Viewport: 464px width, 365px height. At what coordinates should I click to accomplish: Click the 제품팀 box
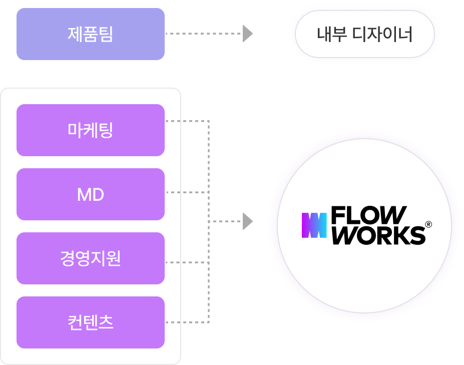[91, 34]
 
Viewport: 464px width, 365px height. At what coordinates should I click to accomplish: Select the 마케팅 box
[91, 130]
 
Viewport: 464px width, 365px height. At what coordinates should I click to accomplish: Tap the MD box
[91, 194]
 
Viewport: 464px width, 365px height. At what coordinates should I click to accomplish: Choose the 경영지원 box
[91, 258]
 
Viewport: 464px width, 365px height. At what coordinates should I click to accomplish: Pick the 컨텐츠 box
[91, 322]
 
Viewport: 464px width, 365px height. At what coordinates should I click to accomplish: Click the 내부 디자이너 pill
[364, 35]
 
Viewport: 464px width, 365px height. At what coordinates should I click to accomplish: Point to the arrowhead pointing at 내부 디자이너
[247, 34]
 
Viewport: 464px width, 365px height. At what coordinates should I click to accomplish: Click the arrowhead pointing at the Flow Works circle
[247, 221]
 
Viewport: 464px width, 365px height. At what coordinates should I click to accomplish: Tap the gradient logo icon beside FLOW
[314, 225]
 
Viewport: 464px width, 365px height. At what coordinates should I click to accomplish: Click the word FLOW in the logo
[368, 216]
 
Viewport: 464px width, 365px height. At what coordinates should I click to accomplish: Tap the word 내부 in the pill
[331, 35]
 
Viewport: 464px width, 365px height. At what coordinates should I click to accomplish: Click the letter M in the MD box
[84, 195]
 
